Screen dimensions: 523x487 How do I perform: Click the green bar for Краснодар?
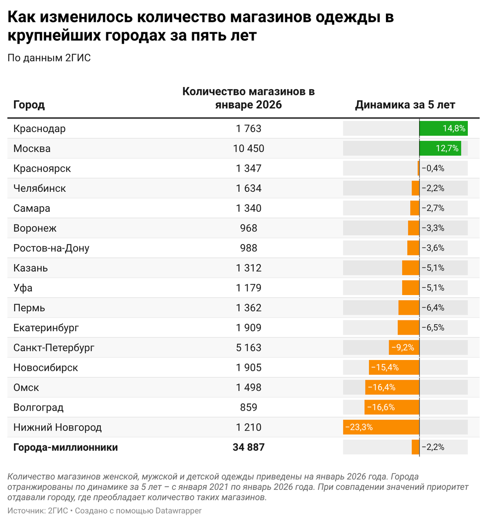pos(443,129)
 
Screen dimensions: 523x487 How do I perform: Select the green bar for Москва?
pos(440,149)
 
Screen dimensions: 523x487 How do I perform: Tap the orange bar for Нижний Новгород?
pos(381,427)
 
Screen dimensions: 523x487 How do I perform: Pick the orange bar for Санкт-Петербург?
pos(404,347)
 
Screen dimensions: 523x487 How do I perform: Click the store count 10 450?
pos(248,149)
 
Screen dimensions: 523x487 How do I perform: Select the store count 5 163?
pos(248,347)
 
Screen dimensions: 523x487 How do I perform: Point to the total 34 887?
pos(248,447)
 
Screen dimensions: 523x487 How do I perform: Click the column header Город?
pos(29,105)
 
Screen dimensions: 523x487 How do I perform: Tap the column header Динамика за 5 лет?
pos(405,105)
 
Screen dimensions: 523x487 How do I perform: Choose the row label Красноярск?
pos(42,169)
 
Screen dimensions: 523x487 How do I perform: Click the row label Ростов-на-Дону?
pos(51,248)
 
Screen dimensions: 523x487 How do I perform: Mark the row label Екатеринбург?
pos(46,328)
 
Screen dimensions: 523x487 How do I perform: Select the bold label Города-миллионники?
pos(65,447)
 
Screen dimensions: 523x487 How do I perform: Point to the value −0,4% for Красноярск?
pos(433,169)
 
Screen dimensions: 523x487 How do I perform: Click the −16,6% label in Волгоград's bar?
pos(381,408)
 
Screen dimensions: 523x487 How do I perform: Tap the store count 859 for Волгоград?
pos(248,408)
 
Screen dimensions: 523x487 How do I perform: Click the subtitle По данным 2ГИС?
pos(49,58)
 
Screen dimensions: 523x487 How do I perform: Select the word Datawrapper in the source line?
pos(179,510)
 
